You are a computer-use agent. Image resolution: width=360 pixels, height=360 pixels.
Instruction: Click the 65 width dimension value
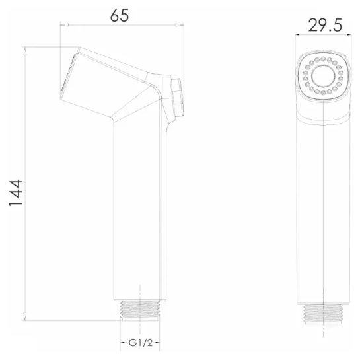pyautogui.click(x=120, y=16)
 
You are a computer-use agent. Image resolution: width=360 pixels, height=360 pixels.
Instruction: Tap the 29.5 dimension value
pyautogui.click(x=325, y=25)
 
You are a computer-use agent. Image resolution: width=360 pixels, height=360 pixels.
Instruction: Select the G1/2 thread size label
pyautogui.click(x=140, y=343)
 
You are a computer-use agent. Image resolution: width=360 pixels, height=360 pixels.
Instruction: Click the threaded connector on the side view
pyautogui.click(x=140, y=310)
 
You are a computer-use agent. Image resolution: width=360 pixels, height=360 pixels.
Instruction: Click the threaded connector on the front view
pyautogui.click(x=323, y=314)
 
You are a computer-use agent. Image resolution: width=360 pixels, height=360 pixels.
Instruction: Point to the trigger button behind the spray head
pyautogui.click(x=177, y=97)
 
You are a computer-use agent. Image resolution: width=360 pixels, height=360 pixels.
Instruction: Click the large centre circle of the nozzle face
pyautogui.click(x=323, y=76)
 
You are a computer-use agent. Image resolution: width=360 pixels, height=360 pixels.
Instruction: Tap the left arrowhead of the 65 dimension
pyautogui.click(x=65, y=25)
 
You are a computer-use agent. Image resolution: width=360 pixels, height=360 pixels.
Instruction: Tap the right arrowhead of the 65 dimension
pyautogui.click(x=180, y=25)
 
